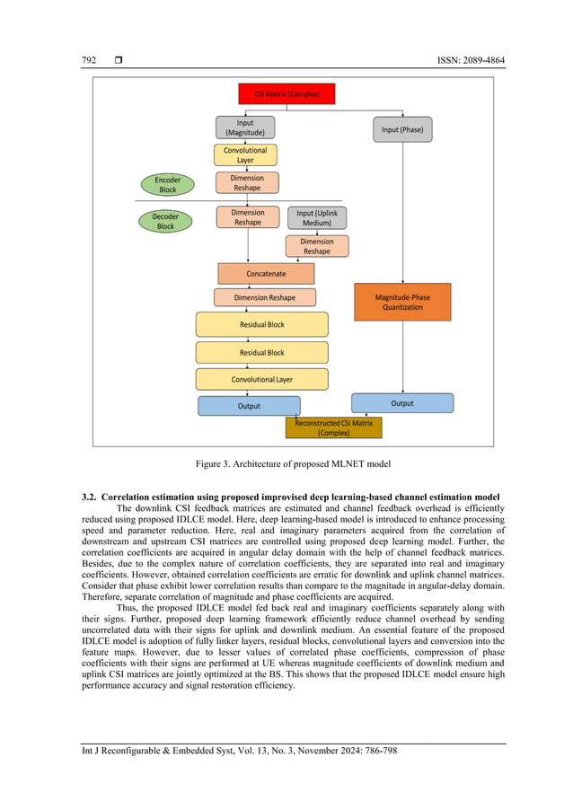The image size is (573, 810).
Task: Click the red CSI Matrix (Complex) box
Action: point(286,93)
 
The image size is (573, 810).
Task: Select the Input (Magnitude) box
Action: point(245,128)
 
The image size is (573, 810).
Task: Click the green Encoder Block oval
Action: point(167,185)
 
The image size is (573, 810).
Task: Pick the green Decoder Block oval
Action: point(166,221)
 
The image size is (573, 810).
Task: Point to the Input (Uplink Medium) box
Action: point(316,217)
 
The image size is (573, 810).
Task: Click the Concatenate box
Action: point(266,274)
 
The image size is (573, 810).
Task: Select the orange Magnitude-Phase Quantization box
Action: point(401,301)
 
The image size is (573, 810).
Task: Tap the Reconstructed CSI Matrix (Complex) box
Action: point(333,427)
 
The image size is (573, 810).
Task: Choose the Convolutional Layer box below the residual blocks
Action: point(262,379)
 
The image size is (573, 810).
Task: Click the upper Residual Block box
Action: point(262,324)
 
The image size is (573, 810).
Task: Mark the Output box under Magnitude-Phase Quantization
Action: point(401,403)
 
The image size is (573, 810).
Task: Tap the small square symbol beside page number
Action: point(118,61)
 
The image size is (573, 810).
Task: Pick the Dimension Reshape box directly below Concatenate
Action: point(266,297)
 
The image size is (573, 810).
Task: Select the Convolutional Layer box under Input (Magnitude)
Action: point(245,154)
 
